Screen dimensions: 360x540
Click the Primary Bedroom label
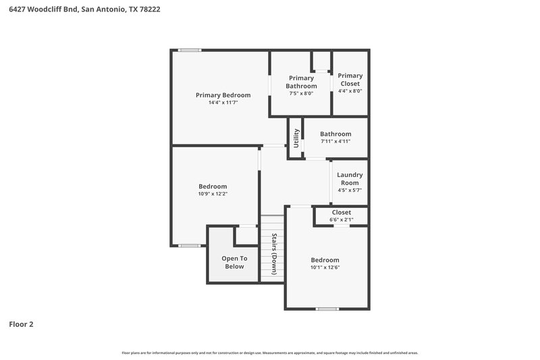pyautogui.click(x=223, y=95)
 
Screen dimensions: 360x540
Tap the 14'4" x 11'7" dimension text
pyautogui.click(x=223, y=103)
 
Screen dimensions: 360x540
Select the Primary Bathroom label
pyautogui.click(x=301, y=82)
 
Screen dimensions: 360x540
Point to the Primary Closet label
pyautogui.click(x=350, y=80)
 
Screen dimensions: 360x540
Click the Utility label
pyautogui.click(x=296, y=138)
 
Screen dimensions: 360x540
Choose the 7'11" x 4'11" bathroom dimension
pyautogui.click(x=335, y=142)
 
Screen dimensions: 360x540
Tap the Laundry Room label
pyautogui.click(x=350, y=179)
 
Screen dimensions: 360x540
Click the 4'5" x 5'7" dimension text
pyautogui.click(x=350, y=190)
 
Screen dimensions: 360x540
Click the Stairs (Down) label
pyautogui.click(x=275, y=254)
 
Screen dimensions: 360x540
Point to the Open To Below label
pyautogui.click(x=234, y=262)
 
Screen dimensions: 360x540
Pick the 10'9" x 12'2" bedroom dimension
pyautogui.click(x=213, y=195)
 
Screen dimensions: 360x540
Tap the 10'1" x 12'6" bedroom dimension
pyautogui.click(x=325, y=267)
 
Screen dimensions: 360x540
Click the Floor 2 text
pyautogui.click(x=21, y=324)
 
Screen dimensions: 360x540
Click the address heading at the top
pyautogui.click(x=84, y=10)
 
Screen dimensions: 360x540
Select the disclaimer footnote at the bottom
pyautogui.click(x=270, y=353)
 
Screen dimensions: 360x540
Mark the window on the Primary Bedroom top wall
pyautogui.click(x=190, y=49)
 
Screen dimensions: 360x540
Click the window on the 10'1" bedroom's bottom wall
pyautogui.click(x=327, y=309)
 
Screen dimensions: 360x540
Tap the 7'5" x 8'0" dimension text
pyautogui.click(x=301, y=94)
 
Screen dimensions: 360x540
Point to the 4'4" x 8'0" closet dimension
pyautogui.click(x=350, y=91)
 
